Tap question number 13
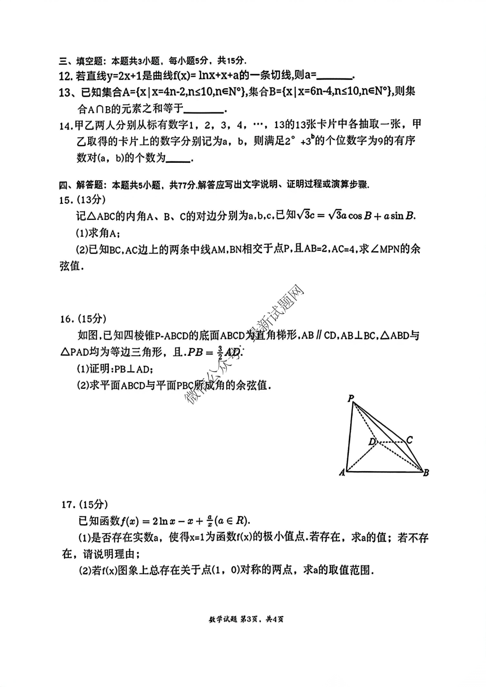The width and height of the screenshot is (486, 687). (66, 93)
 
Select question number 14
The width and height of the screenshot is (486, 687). (66, 125)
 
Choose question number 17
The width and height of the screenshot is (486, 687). (68, 505)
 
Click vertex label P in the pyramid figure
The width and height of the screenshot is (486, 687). (351, 398)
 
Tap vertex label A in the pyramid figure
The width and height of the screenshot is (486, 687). (342, 472)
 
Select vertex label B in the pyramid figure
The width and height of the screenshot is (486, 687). (426, 472)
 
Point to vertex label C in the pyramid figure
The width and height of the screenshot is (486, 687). (409, 440)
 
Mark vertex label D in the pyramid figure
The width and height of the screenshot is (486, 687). (372, 442)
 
